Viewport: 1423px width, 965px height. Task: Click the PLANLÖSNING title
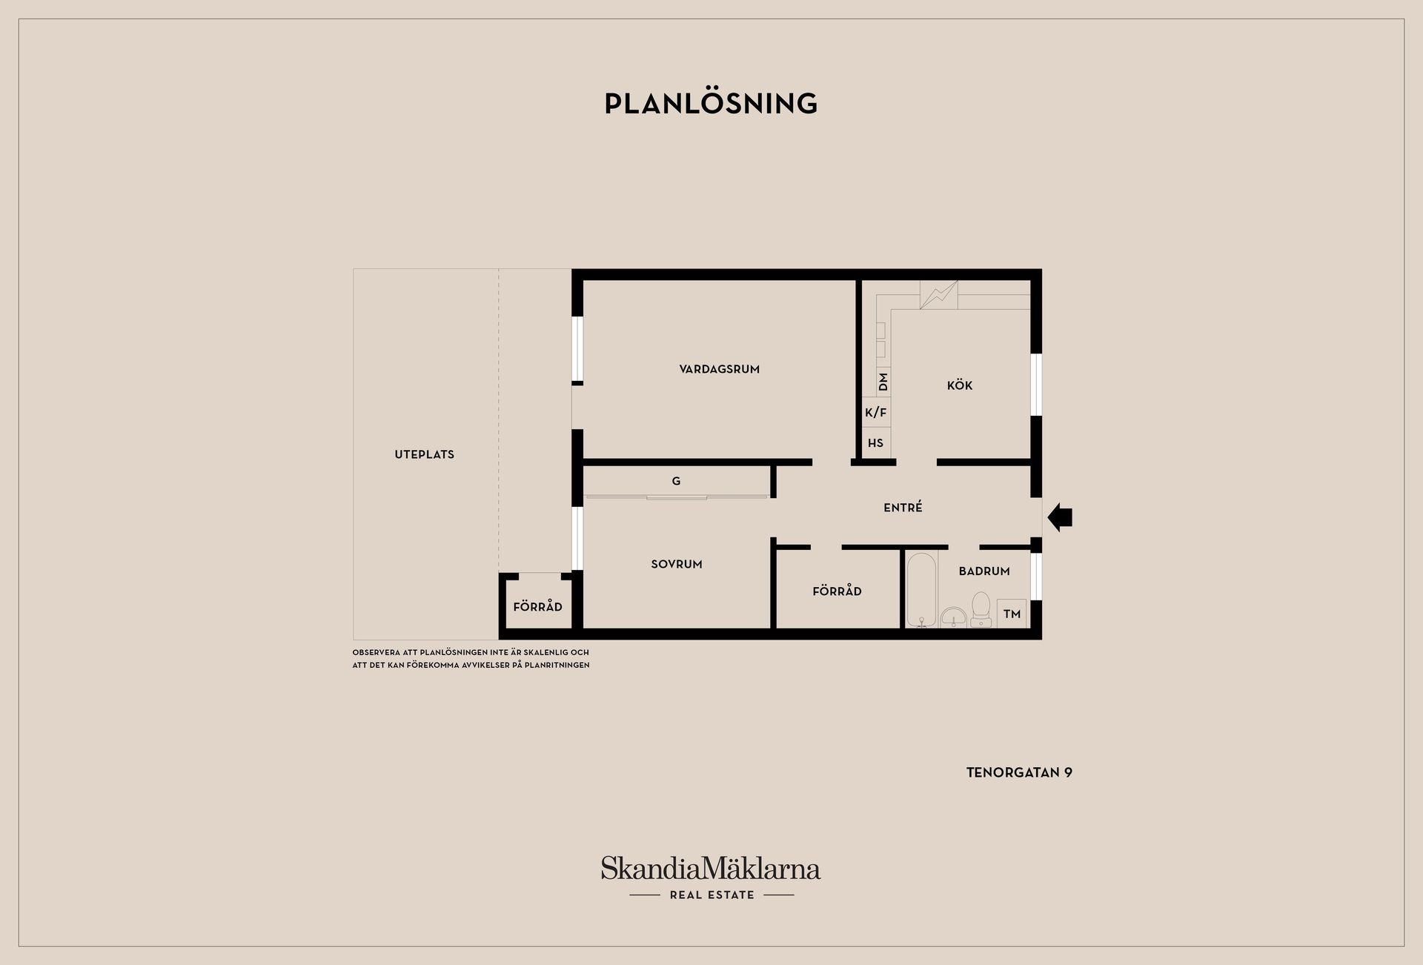click(711, 103)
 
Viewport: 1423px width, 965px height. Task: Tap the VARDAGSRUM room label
click(719, 369)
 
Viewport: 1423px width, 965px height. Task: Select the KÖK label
click(960, 385)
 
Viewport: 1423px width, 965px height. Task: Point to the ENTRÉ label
click(903, 507)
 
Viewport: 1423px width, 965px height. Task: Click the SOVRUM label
click(677, 564)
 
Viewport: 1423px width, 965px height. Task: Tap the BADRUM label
click(984, 571)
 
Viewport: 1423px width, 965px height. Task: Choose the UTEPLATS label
click(424, 454)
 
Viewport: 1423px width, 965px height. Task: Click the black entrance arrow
click(1060, 517)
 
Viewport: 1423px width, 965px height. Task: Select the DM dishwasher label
click(883, 382)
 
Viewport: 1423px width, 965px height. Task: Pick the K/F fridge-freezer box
click(876, 412)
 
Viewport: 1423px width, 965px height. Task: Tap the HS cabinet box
click(876, 442)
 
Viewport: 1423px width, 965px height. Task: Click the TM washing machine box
click(1012, 614)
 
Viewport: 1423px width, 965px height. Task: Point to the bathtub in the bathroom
click(921, 590)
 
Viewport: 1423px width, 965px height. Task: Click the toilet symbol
click(981, 609)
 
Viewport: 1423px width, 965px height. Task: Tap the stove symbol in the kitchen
click(938, 295)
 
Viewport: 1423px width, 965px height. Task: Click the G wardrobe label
click(676, 481)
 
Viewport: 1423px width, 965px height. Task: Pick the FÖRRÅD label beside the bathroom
click(837, 591)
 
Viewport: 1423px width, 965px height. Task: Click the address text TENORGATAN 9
click(1019, 772)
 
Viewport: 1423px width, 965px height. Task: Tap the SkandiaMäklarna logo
click(711, 878)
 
